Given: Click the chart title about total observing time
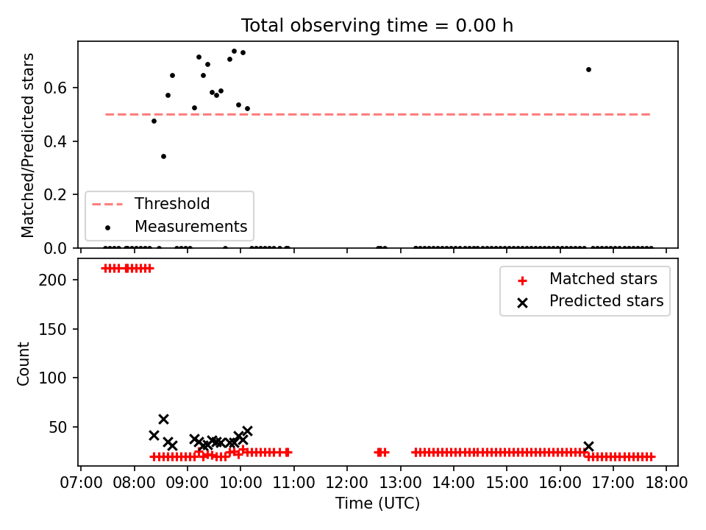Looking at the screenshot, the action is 377,26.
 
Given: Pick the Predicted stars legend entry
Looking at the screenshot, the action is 590,301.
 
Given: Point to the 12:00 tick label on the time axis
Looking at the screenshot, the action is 346,483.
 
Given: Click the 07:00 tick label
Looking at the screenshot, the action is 81,483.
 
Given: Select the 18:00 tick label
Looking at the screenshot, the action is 666,483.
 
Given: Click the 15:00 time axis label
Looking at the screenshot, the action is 507,483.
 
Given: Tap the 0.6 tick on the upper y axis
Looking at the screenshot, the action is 55,88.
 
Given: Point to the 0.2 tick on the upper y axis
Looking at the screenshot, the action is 55,194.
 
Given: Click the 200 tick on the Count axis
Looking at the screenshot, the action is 52,280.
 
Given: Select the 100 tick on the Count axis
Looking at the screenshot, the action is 52,378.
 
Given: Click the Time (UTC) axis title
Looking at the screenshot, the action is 377,503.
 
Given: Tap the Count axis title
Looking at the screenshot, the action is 24,363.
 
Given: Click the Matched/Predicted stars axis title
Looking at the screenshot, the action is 28,145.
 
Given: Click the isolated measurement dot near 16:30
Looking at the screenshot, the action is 588,69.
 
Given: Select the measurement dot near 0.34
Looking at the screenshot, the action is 163,156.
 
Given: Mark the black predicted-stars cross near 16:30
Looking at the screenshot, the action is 588,446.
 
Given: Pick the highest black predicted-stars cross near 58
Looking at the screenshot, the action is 163,419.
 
